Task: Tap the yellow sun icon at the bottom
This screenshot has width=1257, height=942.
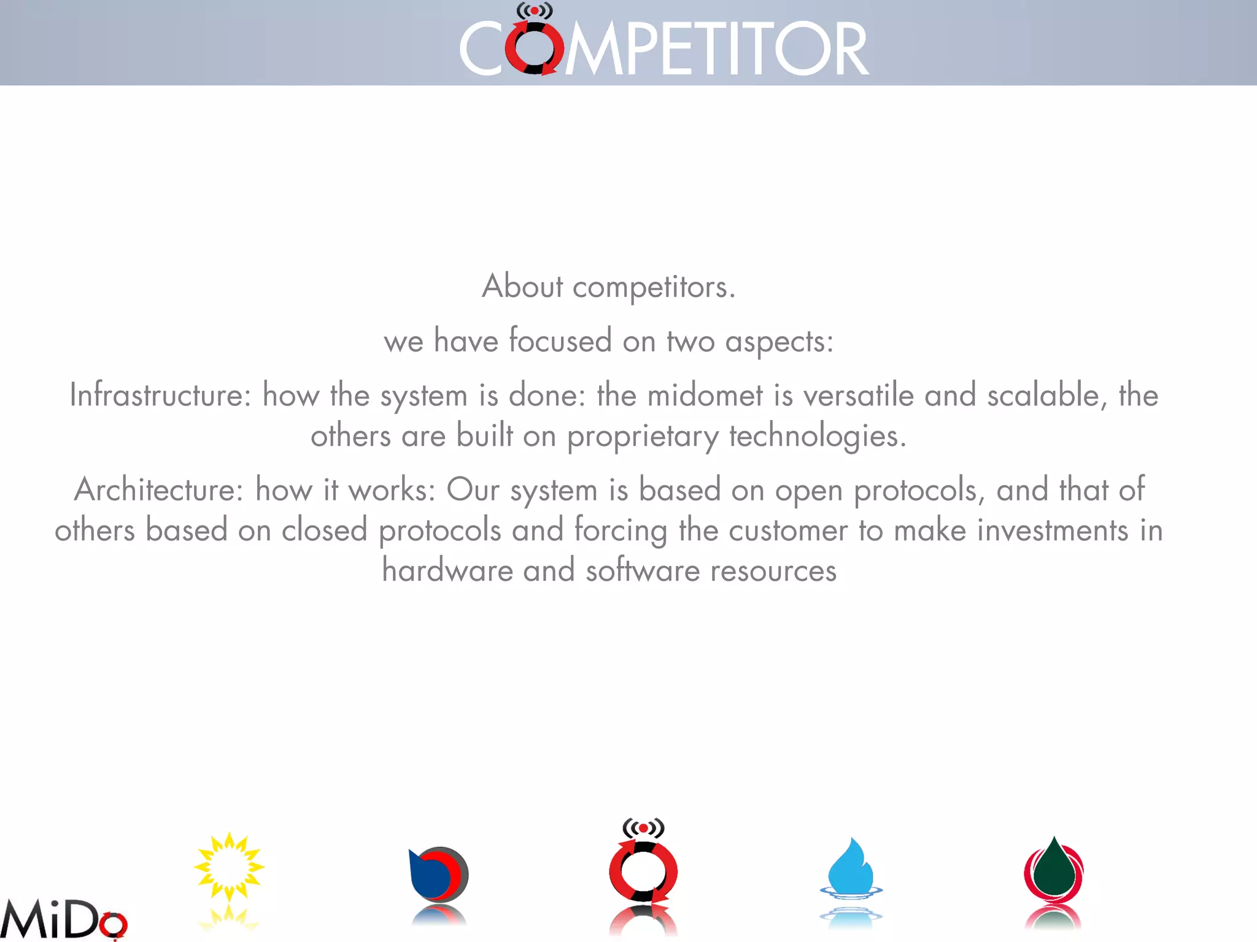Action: tap(229, 867)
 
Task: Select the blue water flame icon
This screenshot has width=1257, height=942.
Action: tap(851, 867)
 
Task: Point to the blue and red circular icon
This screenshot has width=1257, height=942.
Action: tap(438, 875)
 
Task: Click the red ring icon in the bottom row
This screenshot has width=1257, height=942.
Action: tap(643, 870)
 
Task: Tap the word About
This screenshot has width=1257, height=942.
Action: tap(522, 286)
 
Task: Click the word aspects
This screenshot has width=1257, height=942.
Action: tap(779, 342)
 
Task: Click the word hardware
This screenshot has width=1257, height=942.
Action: tap(447, 570)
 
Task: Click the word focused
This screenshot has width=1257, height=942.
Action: tap(560, 340)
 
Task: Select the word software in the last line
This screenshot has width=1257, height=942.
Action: tap(643, 570)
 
